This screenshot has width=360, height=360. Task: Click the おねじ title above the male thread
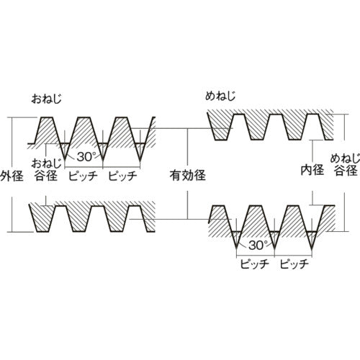[x=45, y=97]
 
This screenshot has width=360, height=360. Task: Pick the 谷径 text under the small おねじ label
[x=45, y=174]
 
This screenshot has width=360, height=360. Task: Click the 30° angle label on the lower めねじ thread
[x=255, y=245]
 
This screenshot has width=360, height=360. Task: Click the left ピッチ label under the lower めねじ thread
[x=254, y=264]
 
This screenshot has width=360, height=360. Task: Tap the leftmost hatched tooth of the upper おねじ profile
[x=47, y=132]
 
